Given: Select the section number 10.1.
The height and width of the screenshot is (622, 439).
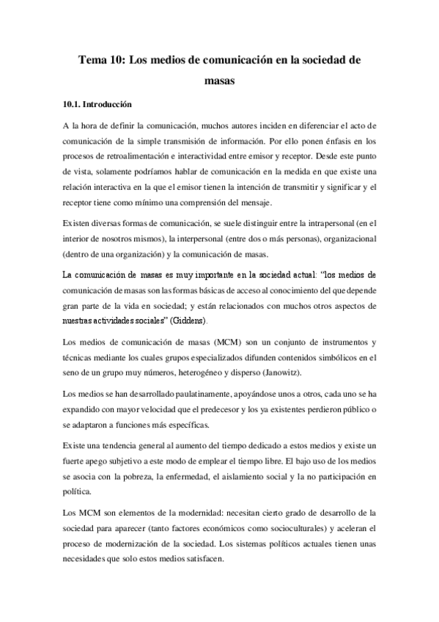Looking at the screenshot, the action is [x=73, y=105].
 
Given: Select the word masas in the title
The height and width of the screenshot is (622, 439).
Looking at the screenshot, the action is [x=219, y=82].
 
